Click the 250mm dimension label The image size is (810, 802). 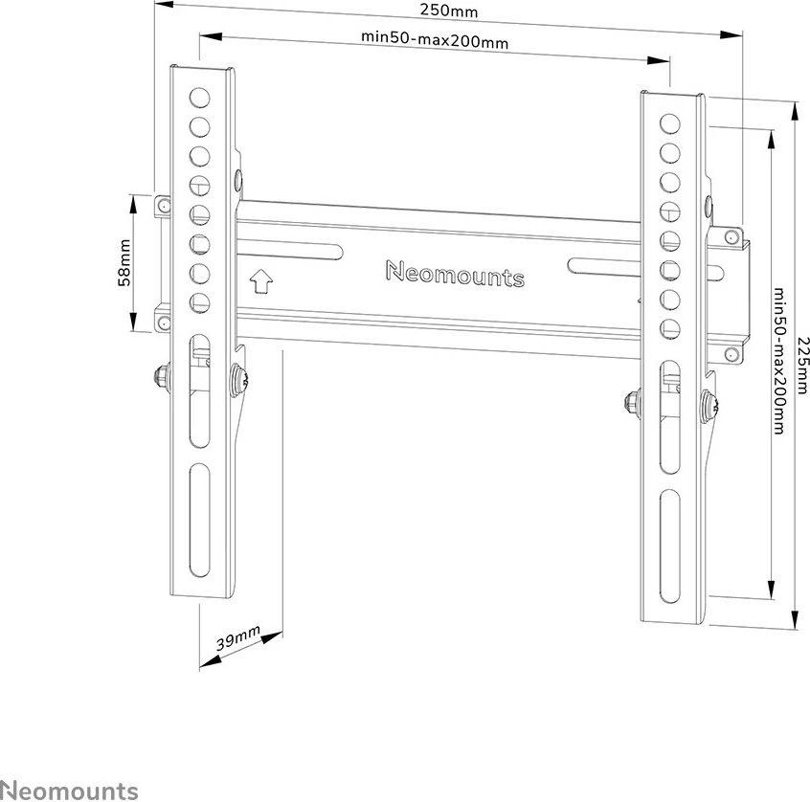pos(449,11)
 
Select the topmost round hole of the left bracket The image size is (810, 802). pos(199,97)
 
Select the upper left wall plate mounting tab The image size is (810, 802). pos(163,204)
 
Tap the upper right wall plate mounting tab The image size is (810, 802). pos(731,236)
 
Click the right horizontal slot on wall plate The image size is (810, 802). pos(604,266)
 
